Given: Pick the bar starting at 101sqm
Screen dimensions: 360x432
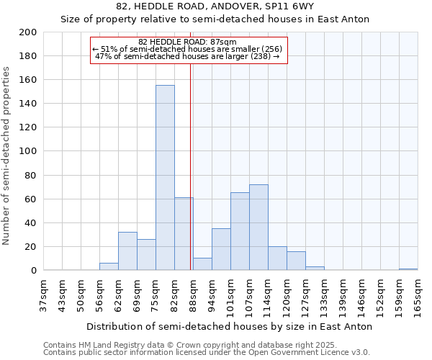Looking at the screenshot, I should pyautogui.click(x=240, y=231).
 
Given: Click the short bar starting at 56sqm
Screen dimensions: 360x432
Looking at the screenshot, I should pyautogui.click(x=109, y=266).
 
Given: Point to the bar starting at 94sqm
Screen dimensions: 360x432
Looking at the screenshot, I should pyautogui.click(x=221, y=249).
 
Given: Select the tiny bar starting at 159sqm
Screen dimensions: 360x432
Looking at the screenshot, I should pyautogui.click(x=408, y=269).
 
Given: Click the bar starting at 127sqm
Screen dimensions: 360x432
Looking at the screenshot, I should pyautogui.click(x=315, y=268).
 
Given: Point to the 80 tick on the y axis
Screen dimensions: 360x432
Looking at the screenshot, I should pyautogui.click(x=31, y=175).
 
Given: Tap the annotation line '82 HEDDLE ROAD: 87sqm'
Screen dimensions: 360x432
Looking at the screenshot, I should pyautogui.click(x=188, y=42).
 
